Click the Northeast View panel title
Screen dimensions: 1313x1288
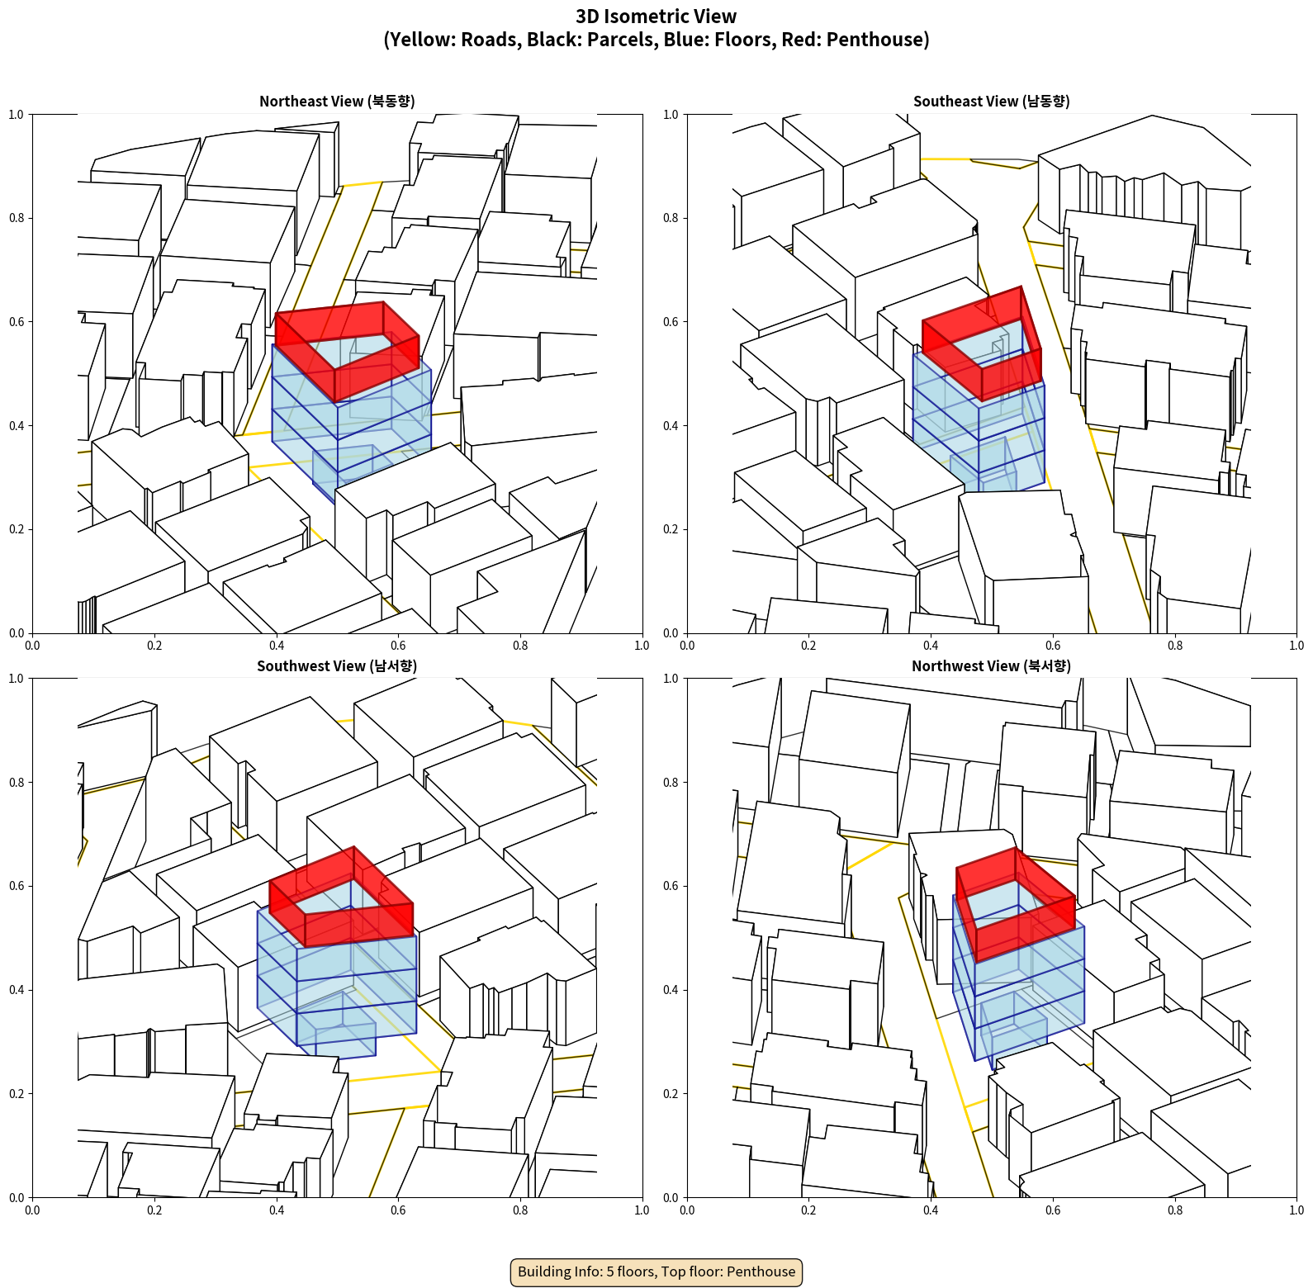pyautogui.click(x=337, y=102)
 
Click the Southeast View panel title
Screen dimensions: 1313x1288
pyautogui.click(x=991, y=102)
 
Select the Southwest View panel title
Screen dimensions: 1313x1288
pyautogui.click(x=337, y=666)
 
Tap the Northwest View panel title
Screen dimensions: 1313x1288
pyautogui.click(x=991, y=666)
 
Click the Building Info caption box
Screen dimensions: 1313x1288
pyautogui.click(x=656, y=1271)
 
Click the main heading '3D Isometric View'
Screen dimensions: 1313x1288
pyautogui.click(x=656, y=17)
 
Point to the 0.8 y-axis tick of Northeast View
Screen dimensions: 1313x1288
pyautogui.click(x=17, y=218)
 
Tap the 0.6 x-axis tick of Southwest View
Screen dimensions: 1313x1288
pyautogui.click(x=398, y=1210)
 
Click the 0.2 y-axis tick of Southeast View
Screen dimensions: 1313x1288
pyautogui.click(x=671, y=529)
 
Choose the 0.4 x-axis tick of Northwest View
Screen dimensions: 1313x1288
pyautogui.click(x=931, y=1210)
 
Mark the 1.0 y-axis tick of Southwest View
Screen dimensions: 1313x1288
pyautogui.click(x=17, y=679)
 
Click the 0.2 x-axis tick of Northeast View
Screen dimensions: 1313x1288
pyautogui.click(x=154, y=646)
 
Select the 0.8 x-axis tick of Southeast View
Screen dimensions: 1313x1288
pyautogui.click(x=1175, y=646)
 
